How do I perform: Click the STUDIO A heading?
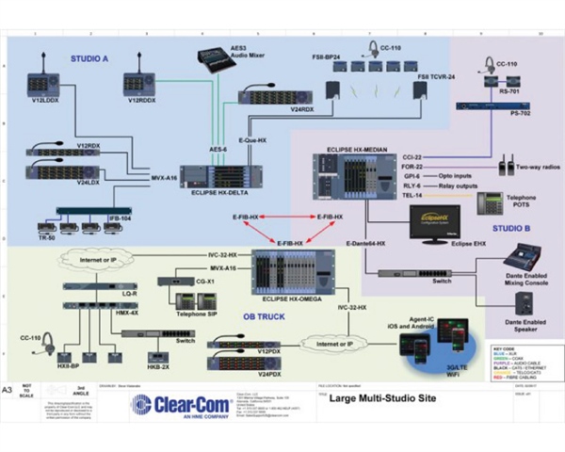point(89,59)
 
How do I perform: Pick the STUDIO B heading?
point(511,229)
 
